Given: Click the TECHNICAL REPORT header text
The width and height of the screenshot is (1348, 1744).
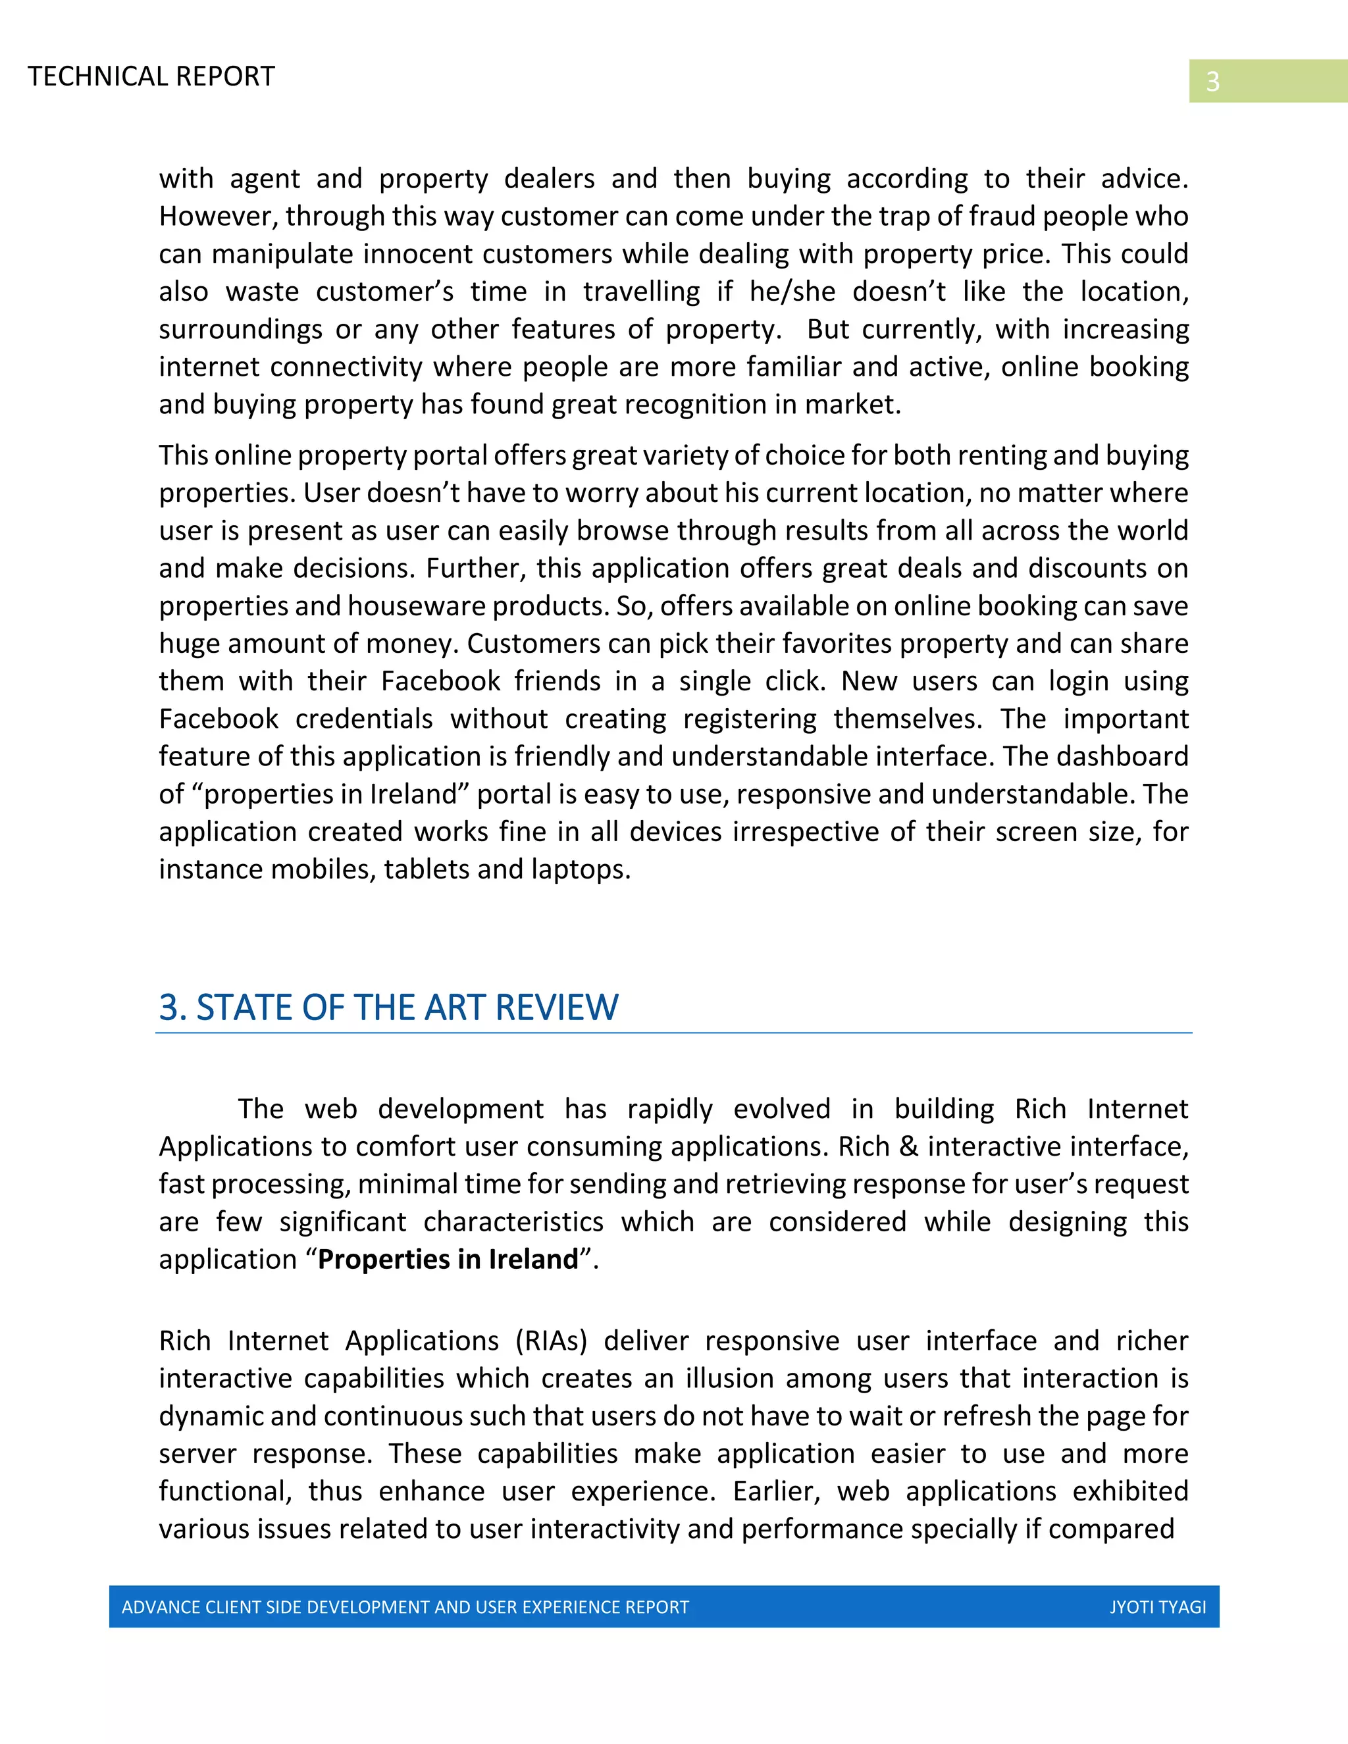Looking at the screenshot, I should point(151,76).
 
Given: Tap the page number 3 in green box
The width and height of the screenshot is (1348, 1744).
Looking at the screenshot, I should point(1212,82).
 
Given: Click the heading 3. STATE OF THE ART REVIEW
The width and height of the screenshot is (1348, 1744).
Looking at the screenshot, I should point(388,1007).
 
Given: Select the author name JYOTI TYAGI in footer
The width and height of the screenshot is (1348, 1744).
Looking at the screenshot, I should point(1157,1606).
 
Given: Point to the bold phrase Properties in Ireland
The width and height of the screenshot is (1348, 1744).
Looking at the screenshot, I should point(447,1259).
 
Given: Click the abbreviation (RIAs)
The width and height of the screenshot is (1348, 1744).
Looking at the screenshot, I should point(551,1341).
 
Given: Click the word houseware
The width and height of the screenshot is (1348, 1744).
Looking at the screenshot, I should point(416,606).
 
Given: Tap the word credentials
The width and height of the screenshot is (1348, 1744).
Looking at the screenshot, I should point(363,719).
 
